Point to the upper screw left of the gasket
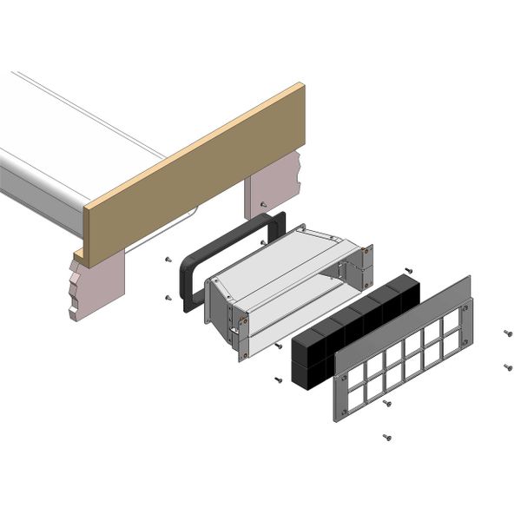[167, 260]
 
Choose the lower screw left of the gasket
[168, 298]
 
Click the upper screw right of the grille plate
[507, 333]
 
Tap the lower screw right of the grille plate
[507, 366]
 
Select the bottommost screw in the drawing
[386, 437]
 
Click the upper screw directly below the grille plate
[387, 403]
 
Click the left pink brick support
[100, 287]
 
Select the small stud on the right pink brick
[263, 205]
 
